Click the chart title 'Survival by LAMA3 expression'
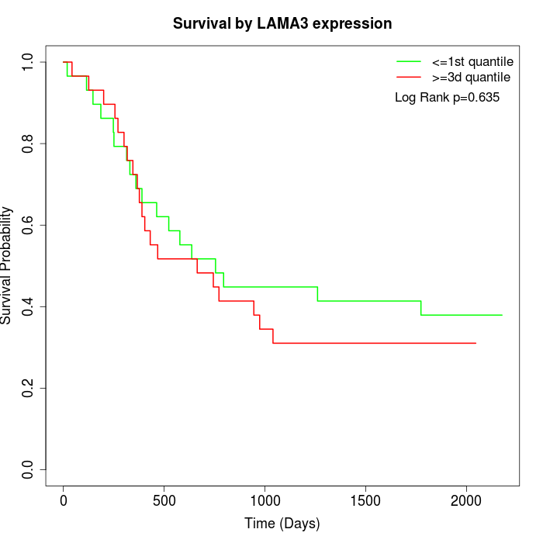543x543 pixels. click(x=282, y=23)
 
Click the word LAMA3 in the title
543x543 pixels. click(x=292, y=23)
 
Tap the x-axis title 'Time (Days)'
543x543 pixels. click(x=282, y=524)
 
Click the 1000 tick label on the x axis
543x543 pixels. click(x=265, y=500)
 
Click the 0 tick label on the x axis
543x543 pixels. click(x=64, y=500)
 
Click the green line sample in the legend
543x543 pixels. click(x=409, y=61)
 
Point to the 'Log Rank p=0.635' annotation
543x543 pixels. click(x=447, y=98)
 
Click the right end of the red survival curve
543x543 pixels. click(x=476, y=343)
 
